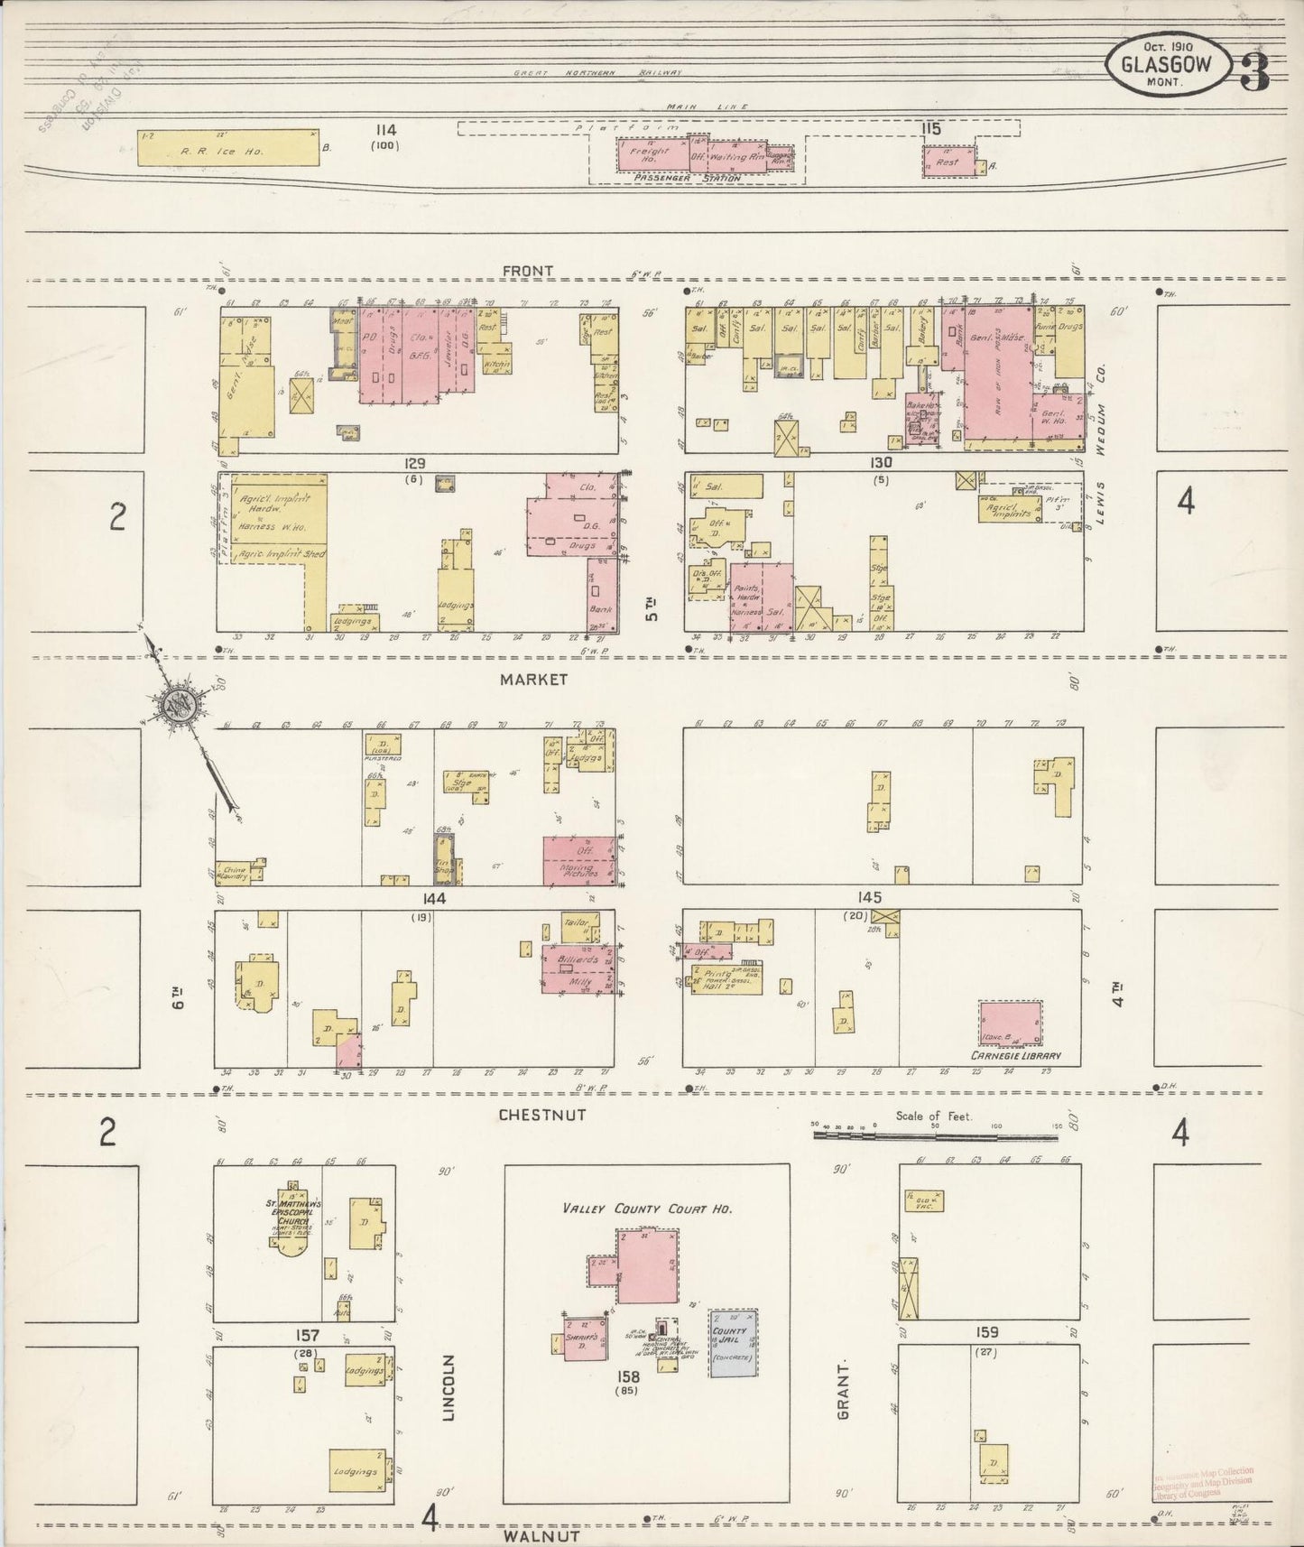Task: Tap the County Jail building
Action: pos(732,1342)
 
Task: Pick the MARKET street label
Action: pos(535,679)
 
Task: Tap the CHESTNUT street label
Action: pos(542,1115)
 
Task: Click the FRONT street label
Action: pos(529,271)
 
